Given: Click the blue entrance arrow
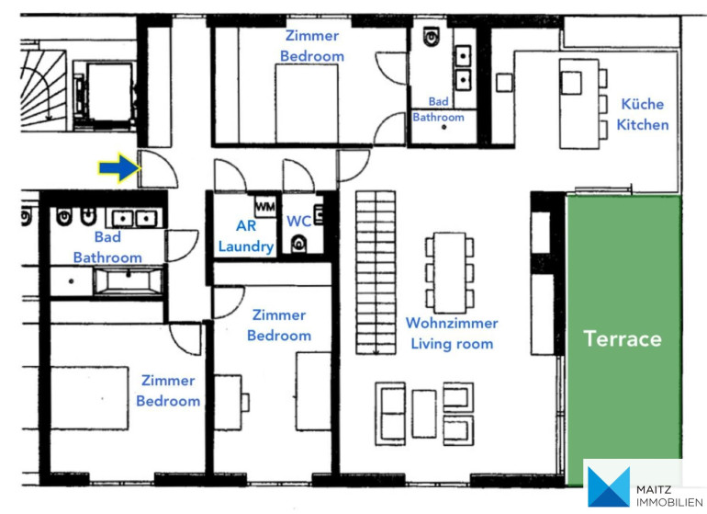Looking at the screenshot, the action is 119,168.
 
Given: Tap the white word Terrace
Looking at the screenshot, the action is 623,338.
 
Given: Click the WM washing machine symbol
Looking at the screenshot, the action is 265,207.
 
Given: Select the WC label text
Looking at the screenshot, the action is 298,221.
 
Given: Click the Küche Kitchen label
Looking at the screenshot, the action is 643,114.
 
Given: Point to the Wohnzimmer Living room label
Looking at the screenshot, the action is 452,334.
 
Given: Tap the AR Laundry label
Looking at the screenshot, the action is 246,235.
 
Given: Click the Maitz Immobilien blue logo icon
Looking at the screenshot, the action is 609,487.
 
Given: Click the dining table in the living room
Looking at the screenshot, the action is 450,272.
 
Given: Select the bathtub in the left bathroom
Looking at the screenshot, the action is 129,280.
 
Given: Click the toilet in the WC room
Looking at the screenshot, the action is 298,244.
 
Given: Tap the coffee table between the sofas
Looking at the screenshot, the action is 424,414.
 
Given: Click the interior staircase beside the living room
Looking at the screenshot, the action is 376,272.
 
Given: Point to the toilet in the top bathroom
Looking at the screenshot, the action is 432,36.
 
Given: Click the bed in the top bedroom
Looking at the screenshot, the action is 307,104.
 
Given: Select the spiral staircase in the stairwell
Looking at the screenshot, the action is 43,86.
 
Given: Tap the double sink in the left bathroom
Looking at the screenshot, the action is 134,219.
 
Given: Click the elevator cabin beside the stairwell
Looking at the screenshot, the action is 109,92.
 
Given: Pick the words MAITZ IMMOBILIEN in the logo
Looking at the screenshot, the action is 669,496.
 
